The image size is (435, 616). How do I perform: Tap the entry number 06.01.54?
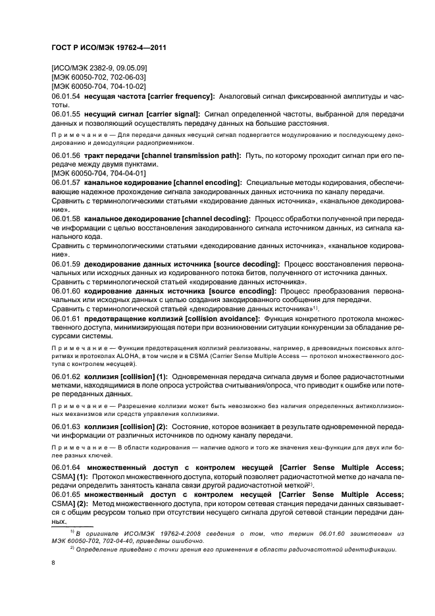click(66, 96)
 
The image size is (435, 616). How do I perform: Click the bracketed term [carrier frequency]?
click(182, 96)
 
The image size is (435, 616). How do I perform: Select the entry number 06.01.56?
click(66, 155)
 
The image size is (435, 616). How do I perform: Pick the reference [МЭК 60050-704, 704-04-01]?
click(99, 173)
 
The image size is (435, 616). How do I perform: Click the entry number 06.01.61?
click(66, 319)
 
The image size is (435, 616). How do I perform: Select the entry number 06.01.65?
click(66, 494)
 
